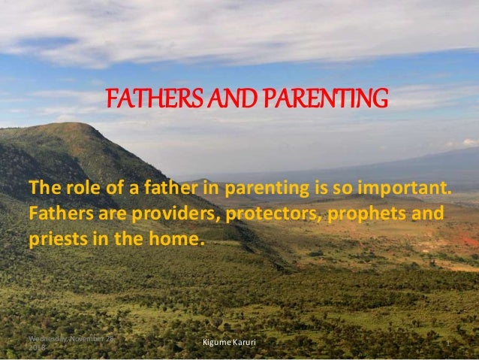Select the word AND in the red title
tap(217, 98)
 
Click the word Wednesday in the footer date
tap(47, 339)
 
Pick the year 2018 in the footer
tap(36, 348)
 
